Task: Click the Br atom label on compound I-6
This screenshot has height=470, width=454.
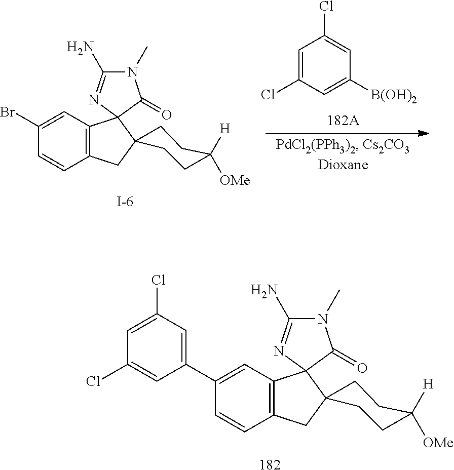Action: point(9,112)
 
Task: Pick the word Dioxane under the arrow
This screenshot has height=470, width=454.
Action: point(344,166)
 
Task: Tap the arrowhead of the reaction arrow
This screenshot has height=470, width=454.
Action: point(423,134)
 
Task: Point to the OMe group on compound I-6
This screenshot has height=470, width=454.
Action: point(234,181)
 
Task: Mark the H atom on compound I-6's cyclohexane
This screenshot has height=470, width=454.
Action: point(225,129)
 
